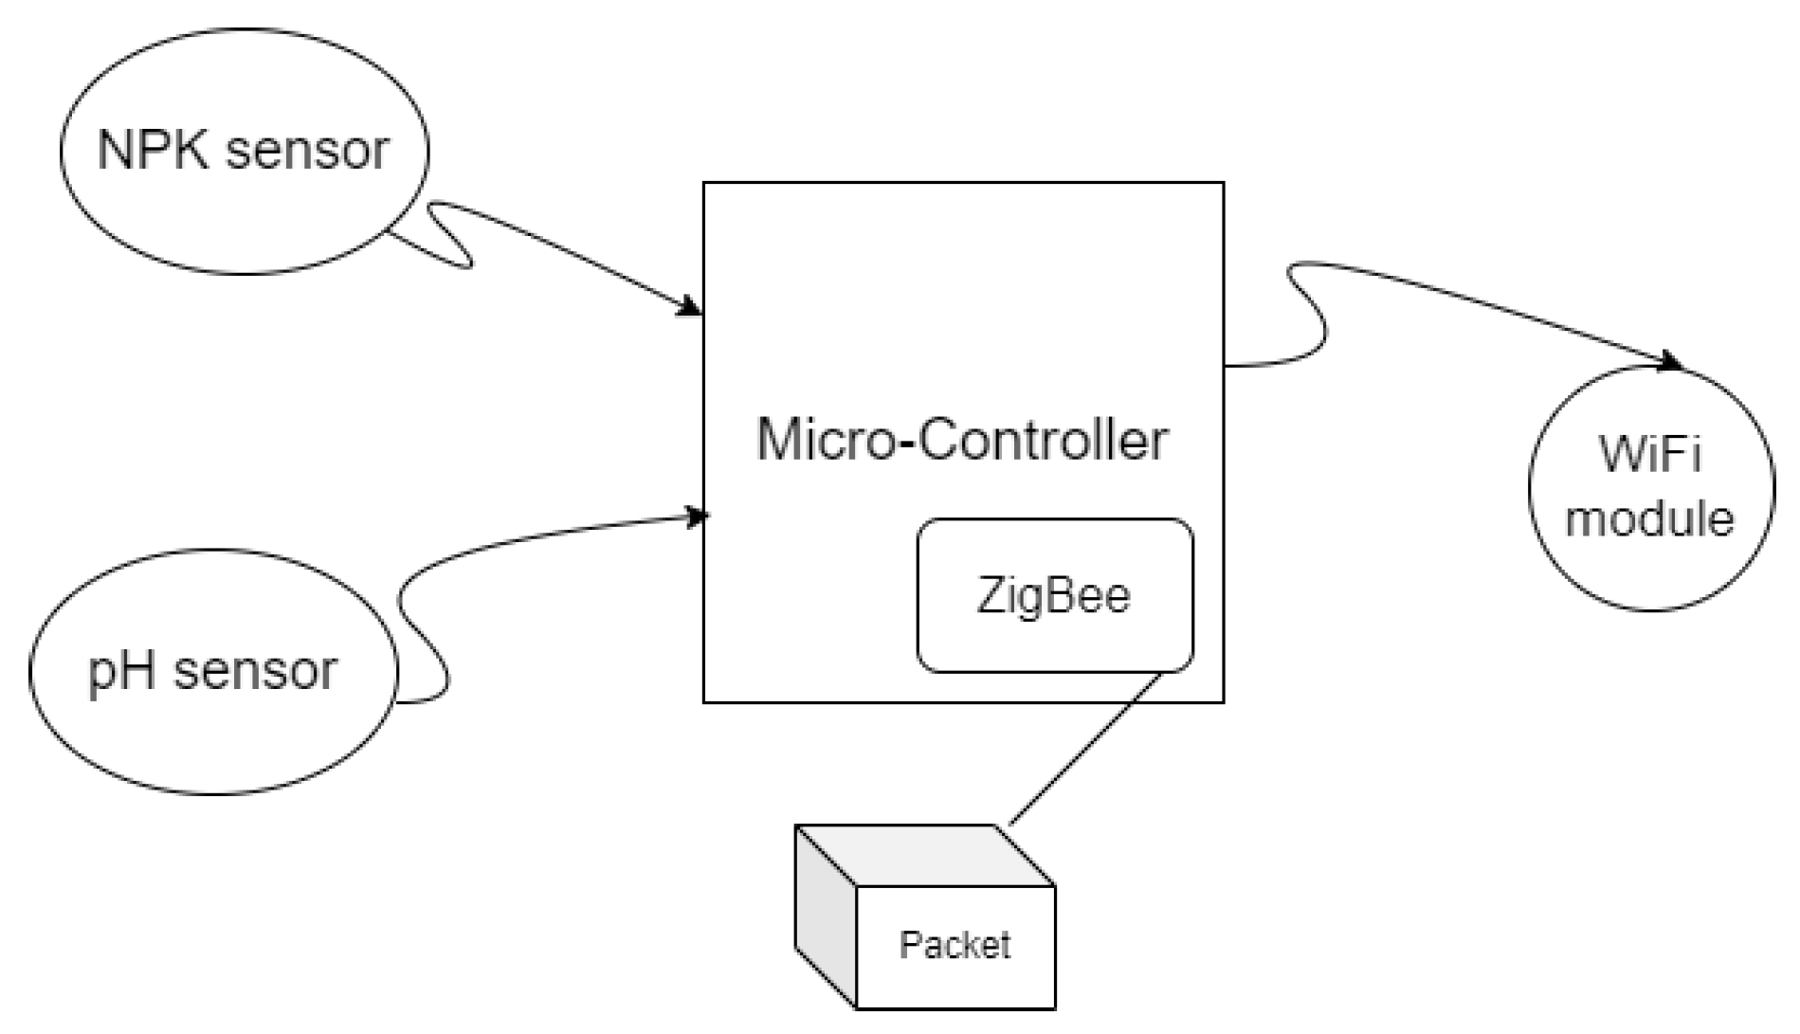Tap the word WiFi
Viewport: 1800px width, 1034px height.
point(1650,455)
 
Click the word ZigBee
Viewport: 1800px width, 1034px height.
point(1053,596)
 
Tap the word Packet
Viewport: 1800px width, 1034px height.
point(955,945)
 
